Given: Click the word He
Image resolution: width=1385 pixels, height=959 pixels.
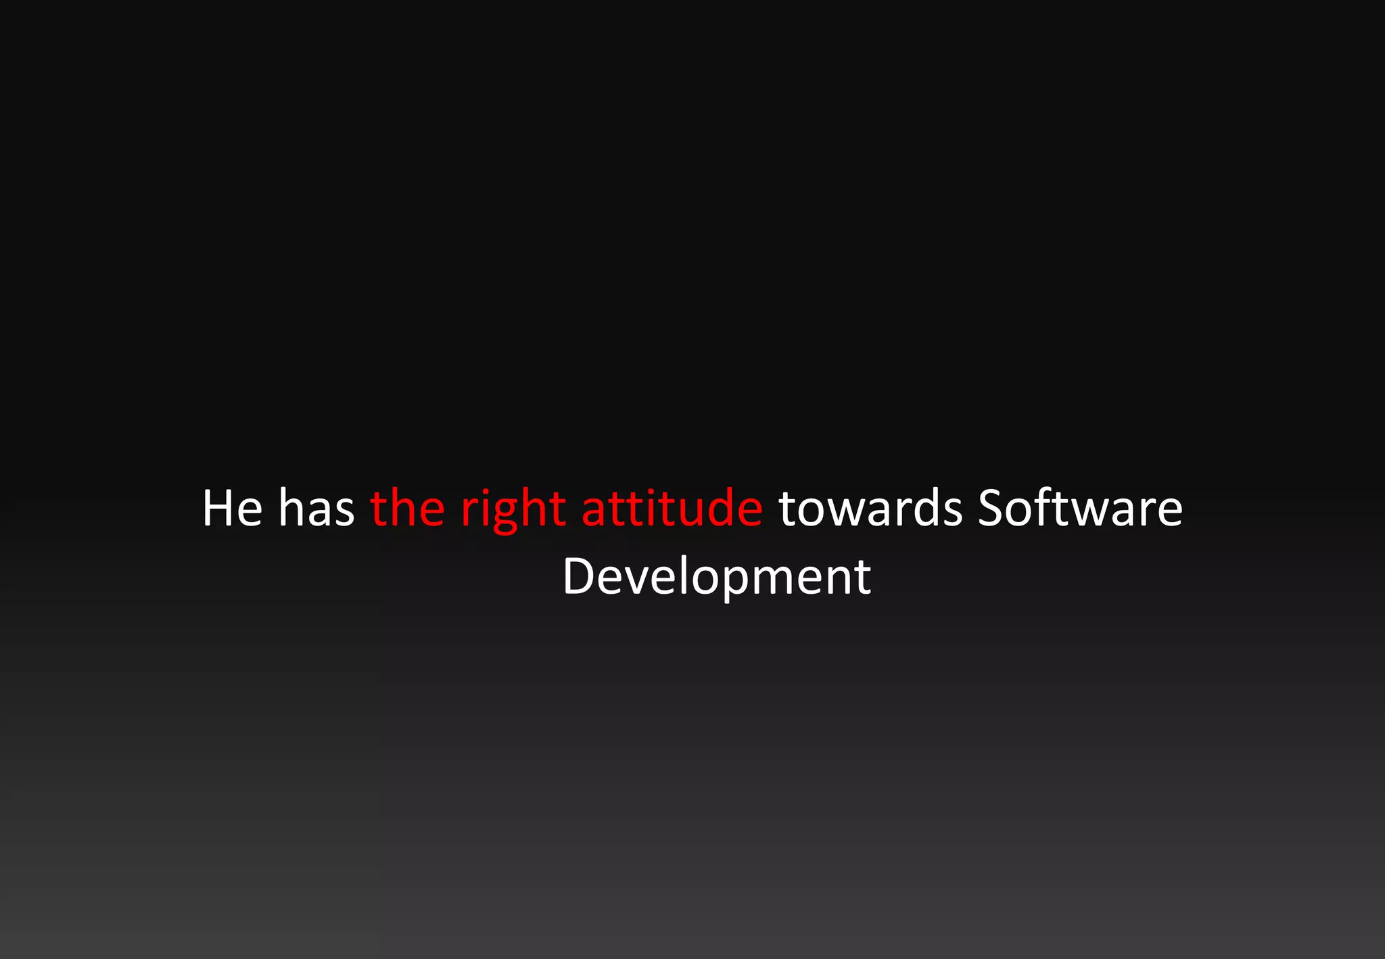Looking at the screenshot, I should click(232, 508).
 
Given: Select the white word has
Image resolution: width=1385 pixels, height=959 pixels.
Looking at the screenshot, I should click(316, 508).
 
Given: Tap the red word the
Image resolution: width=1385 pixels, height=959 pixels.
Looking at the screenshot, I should click(408, 508).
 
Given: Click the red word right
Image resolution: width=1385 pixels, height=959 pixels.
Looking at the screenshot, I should click(513, 509).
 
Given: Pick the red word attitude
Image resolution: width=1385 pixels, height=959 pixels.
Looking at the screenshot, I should click(672, 508).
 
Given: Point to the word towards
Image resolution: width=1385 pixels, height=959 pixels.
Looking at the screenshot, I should click(870, 508).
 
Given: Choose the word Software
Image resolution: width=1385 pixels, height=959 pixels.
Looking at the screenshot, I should click(1080, 508).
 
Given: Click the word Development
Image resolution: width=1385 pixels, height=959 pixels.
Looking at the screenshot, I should click(716, 577).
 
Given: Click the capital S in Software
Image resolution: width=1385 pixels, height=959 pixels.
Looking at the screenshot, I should click(990, 508).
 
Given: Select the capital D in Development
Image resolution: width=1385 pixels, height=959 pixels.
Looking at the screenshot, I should click(578, 577).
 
